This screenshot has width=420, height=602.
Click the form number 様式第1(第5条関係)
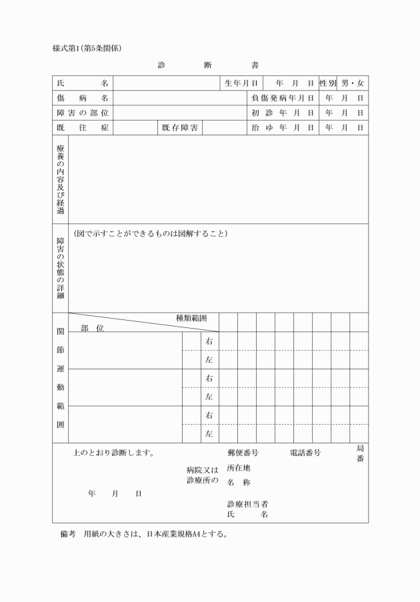tap(87, 48)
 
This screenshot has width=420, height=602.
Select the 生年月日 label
tap(241, 83)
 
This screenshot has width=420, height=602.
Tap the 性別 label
tap(327, 83)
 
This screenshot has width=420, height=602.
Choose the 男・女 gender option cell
tap(353, 83)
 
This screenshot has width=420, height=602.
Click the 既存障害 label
tap(180, 127)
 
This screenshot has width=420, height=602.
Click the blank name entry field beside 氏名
tap(166, 83)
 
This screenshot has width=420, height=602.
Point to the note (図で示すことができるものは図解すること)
tap(151, 234)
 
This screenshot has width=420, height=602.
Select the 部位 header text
tap(93, 328)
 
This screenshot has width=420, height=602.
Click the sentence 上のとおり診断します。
tap(114, 453)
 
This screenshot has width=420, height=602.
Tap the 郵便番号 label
tap(243, 453)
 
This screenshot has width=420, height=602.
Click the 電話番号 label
tap(305, 453)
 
